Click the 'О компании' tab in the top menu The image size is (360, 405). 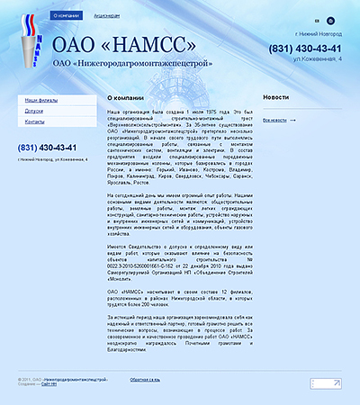[66, 16]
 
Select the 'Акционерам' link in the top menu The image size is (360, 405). [105, 16]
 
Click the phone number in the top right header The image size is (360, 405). [305, 48]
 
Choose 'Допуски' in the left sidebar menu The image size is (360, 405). [34, 110]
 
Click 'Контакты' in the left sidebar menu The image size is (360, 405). [35, 121]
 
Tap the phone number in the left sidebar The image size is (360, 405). [47, 148]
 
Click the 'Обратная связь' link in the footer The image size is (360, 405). [145, 382]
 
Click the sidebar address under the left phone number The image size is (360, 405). [47, 160]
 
